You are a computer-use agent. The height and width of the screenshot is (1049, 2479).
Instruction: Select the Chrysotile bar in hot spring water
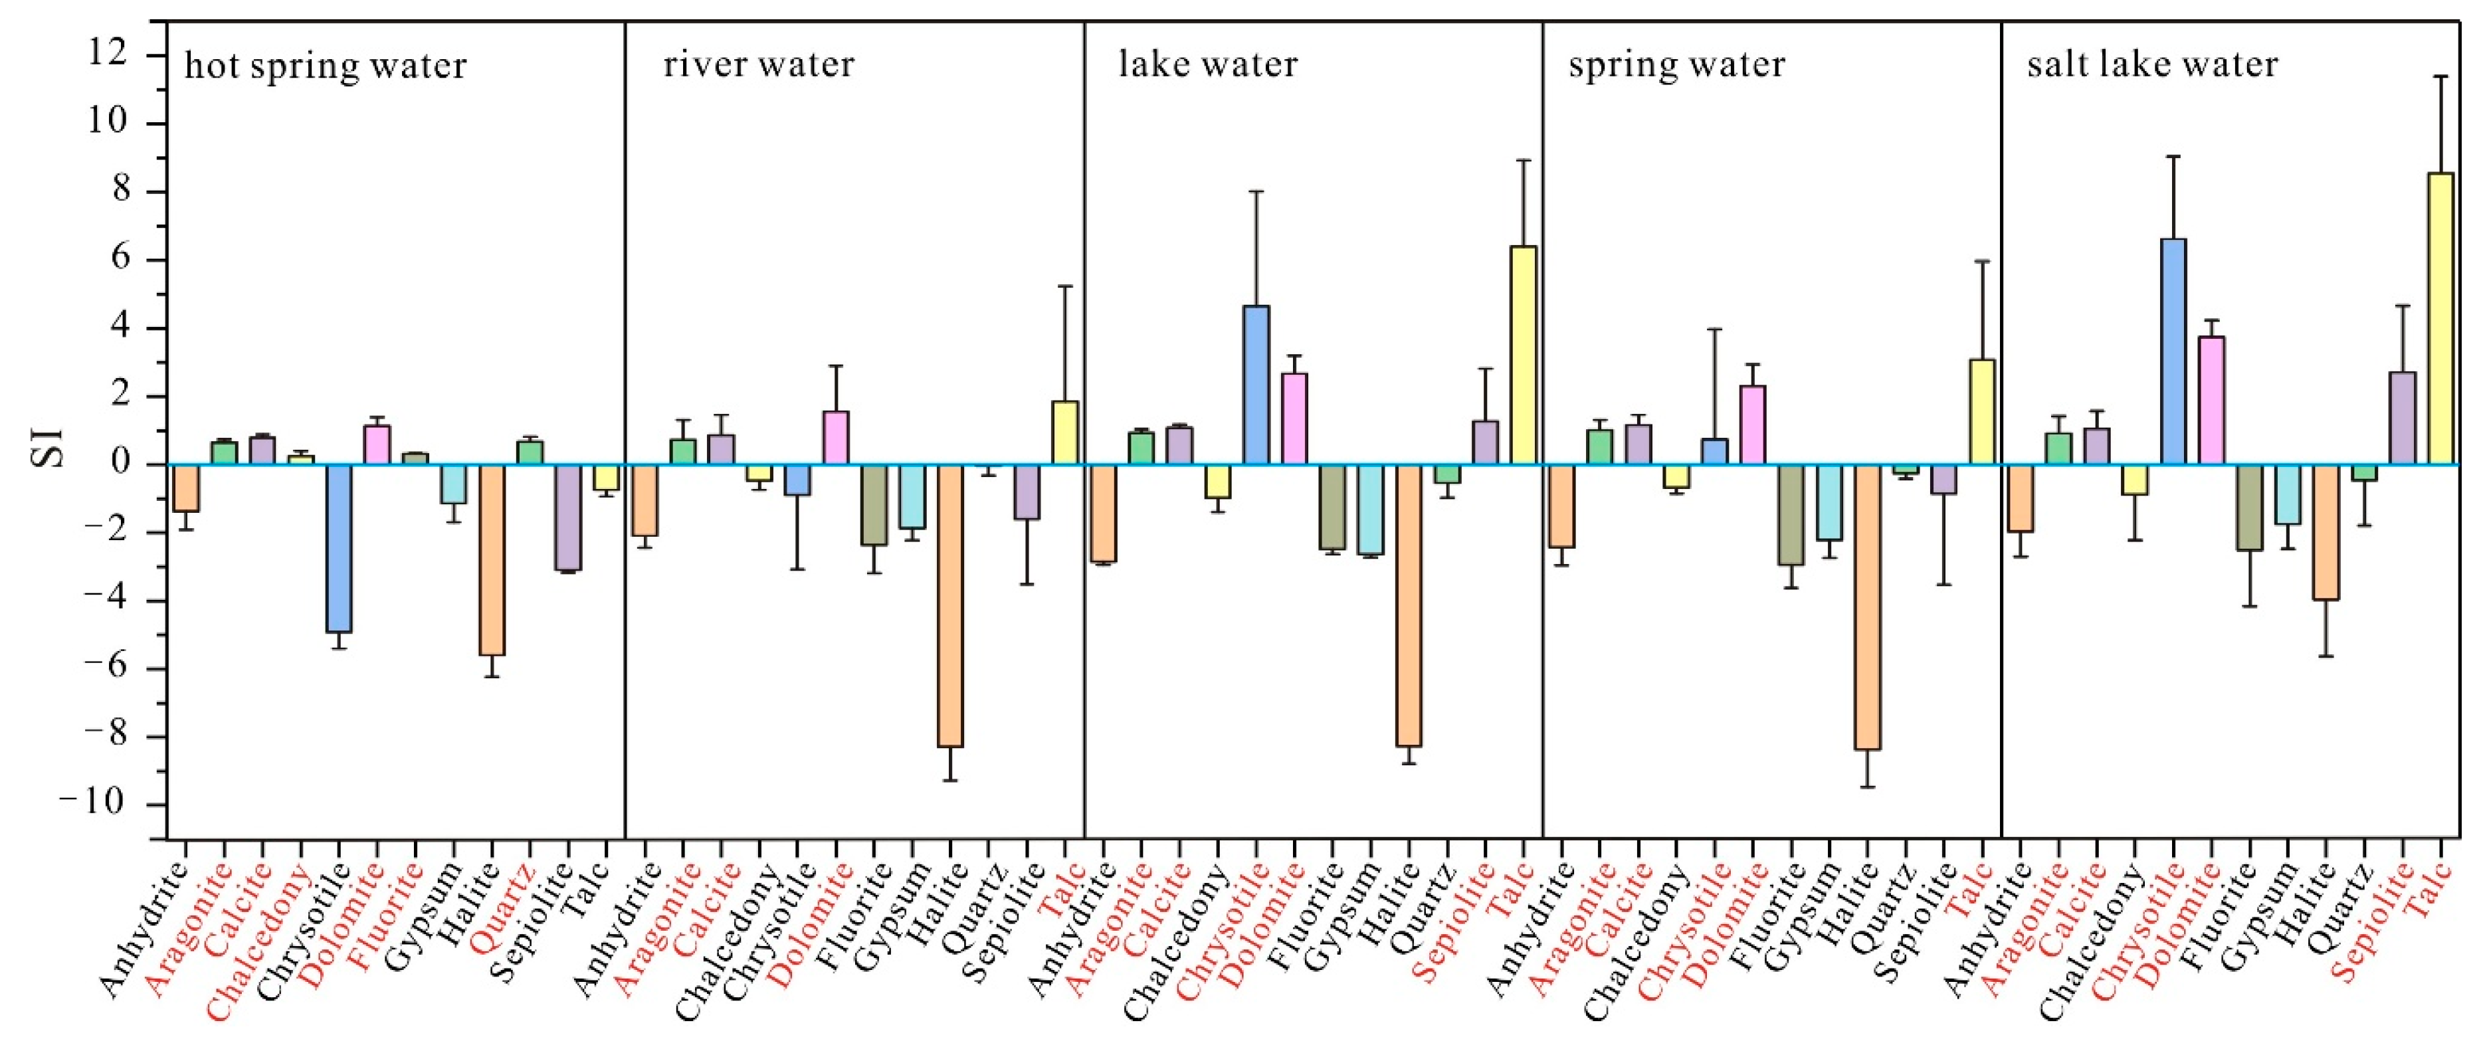point(339,549)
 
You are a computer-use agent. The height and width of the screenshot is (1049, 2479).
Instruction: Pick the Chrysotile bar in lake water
point(1256,385)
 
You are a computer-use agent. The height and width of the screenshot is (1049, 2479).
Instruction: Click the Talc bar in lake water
point(1524,355)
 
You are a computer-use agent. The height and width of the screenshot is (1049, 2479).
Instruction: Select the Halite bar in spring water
point(1867,607)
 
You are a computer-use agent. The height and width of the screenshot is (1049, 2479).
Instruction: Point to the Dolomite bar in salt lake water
point(2211,401)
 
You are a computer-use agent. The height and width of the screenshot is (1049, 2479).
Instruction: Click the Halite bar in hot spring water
point(492,560)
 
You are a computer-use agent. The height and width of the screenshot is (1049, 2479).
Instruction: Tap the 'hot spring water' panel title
point(326,66)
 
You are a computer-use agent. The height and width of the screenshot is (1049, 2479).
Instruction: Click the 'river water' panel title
point(758,64)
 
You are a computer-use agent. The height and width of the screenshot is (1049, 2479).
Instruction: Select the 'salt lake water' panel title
point(2153,64)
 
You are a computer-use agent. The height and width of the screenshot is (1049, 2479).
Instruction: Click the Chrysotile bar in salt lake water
point(2173,351)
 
